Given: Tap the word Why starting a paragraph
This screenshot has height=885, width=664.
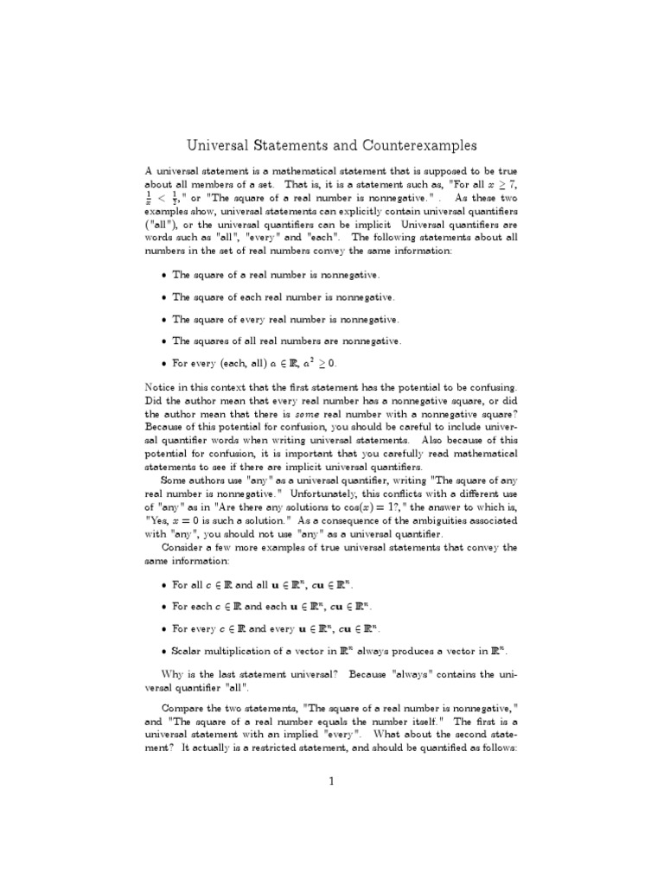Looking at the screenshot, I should tap(175, 673).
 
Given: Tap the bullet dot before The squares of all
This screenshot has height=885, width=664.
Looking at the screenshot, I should tap(163, 342).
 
